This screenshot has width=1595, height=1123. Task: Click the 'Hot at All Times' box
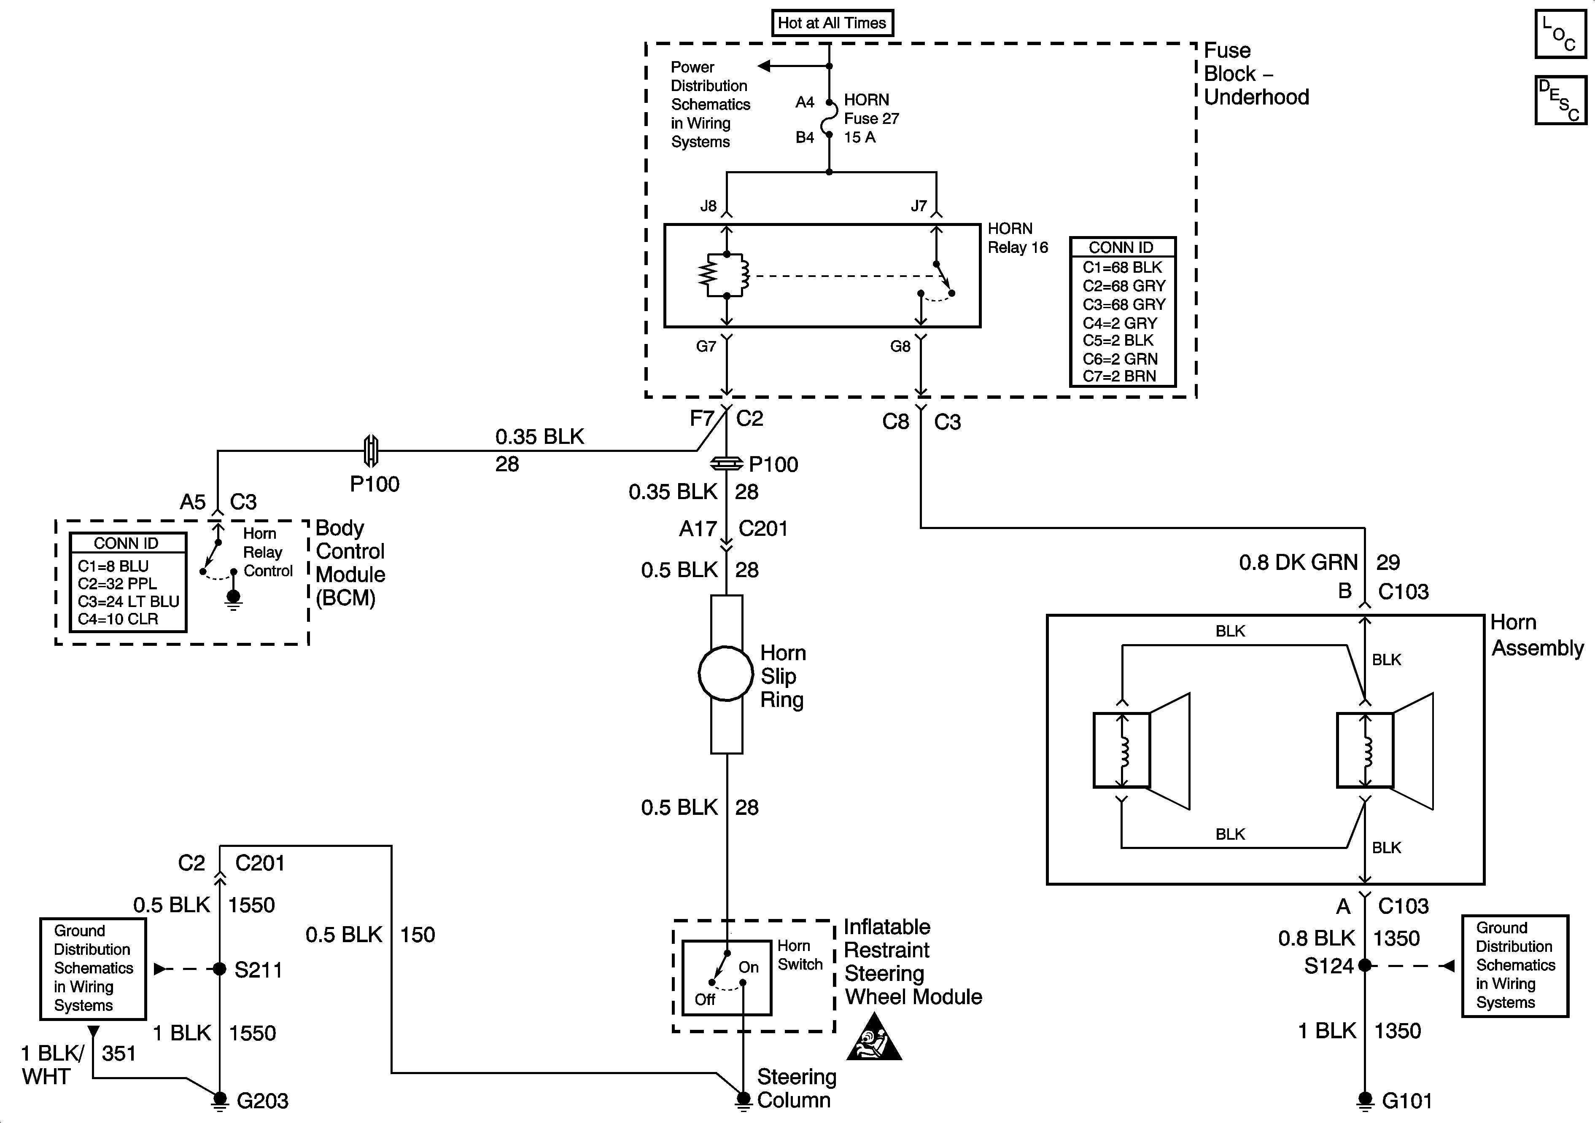(x=832, y=23)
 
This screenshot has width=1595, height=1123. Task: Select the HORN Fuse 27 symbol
(x=828, y=119)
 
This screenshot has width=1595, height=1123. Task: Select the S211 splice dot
(x=220, y=969)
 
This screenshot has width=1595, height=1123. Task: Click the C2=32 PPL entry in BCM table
(x=117, y=583)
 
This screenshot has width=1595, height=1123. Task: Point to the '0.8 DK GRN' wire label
(x=1298, y=562)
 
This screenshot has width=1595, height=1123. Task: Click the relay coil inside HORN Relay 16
(x=726, y=275)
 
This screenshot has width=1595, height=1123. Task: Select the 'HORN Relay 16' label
(x=1018, y=238)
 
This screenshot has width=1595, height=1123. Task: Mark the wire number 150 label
(x=418, y=935)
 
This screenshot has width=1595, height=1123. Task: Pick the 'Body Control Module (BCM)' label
(x=350, y=562)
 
